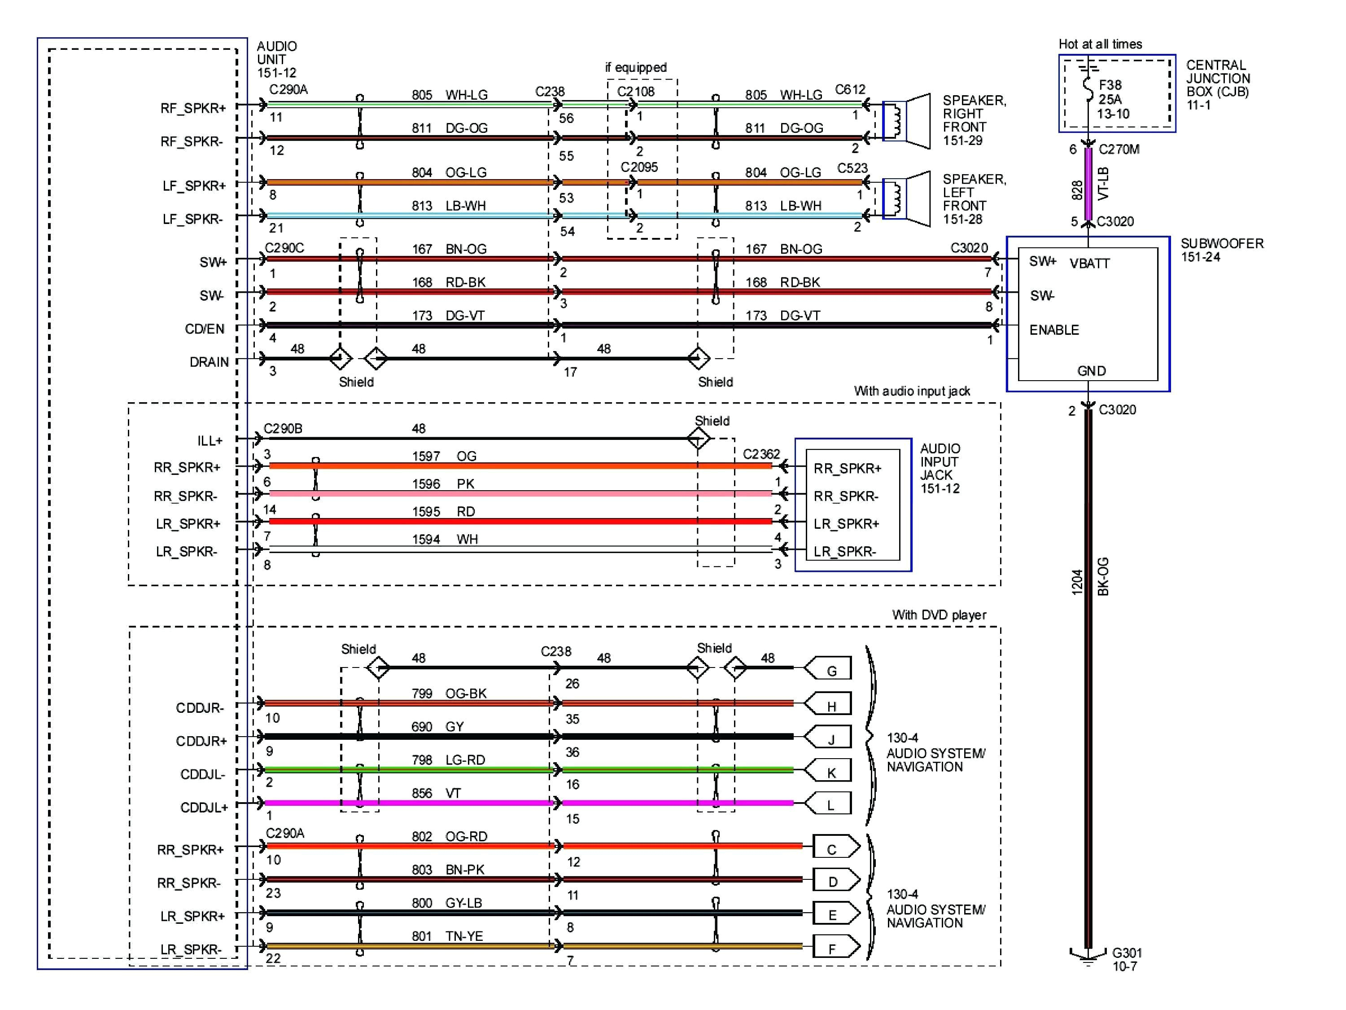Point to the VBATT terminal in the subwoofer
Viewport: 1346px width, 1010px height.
[1089, 263]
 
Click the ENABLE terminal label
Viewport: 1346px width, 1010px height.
[1054, 330]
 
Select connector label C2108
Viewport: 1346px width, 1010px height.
[635, 91]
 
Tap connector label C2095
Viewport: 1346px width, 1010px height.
[639, 167]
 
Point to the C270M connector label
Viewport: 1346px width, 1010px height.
[1119, 149]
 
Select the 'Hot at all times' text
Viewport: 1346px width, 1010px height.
[1100, 44]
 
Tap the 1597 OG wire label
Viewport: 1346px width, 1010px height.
[444, 456]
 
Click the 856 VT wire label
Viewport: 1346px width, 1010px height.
[436, 793]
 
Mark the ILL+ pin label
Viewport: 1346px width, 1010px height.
[210, 440]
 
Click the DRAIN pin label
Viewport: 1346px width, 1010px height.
[209, 362]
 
